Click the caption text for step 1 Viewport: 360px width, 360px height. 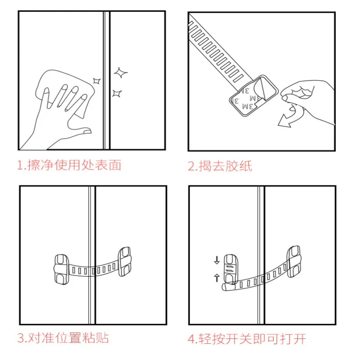point(69,165)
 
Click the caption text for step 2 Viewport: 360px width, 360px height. point(220,166)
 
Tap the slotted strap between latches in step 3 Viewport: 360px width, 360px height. point(92,270)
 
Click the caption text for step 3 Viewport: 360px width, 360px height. point(63,338)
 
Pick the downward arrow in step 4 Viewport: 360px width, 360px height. point(216,260)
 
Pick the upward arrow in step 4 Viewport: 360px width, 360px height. point(216,278)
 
